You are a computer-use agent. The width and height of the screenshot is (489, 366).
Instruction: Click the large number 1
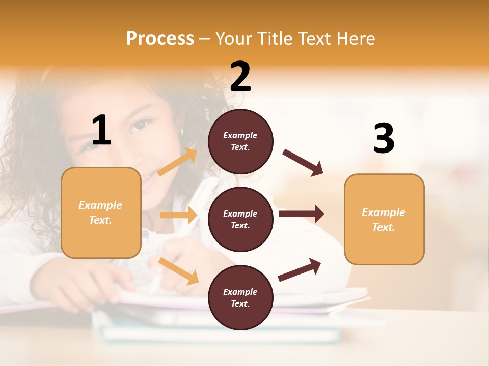[101, 130]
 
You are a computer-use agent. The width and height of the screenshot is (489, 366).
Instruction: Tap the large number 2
[240, 77]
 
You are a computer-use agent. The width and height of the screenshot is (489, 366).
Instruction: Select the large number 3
[384, 138]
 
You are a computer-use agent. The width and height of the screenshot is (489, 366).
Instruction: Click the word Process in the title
[160, 38]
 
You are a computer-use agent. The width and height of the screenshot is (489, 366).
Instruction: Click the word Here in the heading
[355, 38]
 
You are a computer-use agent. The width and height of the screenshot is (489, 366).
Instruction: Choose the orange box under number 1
[101, 212]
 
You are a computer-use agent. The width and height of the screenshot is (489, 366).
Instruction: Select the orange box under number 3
[384, 219]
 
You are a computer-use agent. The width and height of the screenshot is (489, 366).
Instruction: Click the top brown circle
[240, 141]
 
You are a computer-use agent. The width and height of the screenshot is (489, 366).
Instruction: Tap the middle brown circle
[240, 219]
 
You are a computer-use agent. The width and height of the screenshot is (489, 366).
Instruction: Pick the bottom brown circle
[240, 297]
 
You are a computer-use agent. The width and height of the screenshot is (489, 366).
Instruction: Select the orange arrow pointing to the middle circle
[178, 215]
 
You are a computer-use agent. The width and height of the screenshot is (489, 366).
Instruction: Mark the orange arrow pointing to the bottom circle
[179, 271]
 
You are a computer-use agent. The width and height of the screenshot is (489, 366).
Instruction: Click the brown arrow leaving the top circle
[303, 163]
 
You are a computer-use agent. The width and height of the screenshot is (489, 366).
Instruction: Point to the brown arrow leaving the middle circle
[302, 213]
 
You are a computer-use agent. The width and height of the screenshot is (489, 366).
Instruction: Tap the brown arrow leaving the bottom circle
[300, 269]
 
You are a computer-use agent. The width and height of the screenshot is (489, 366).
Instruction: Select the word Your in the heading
[233, 38]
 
